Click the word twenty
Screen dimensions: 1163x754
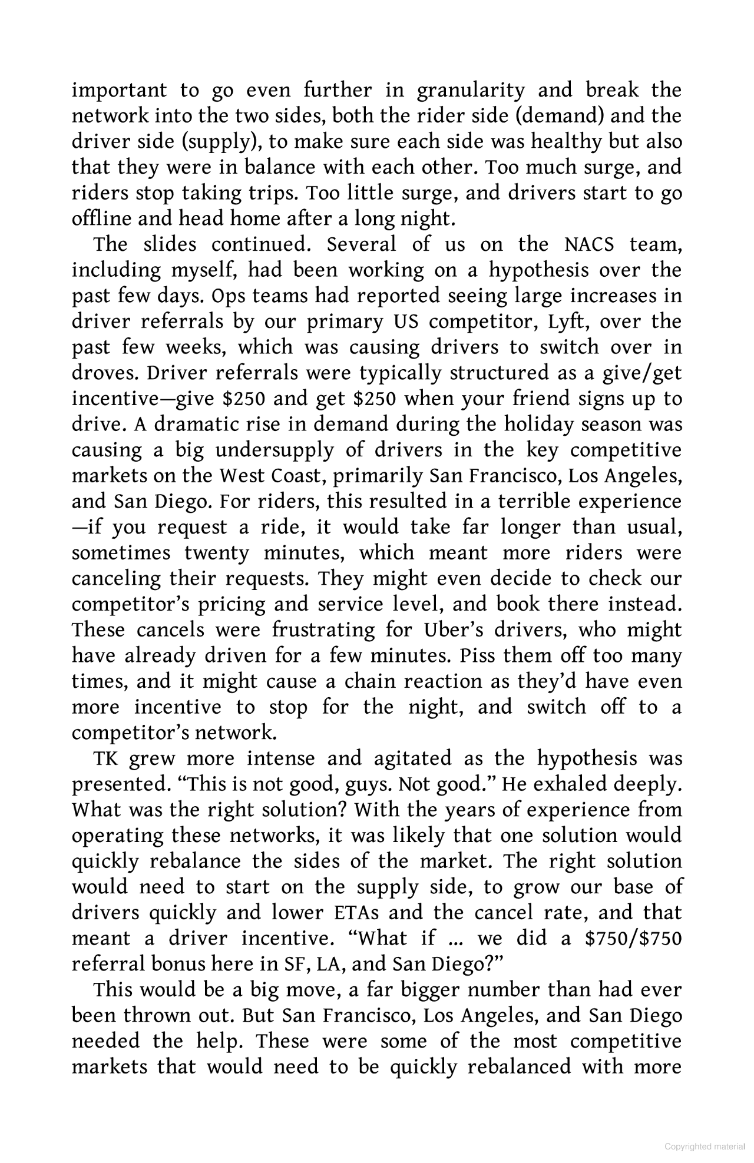click(x=216, y=554)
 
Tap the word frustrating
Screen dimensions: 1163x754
click(x=323, y=631)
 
